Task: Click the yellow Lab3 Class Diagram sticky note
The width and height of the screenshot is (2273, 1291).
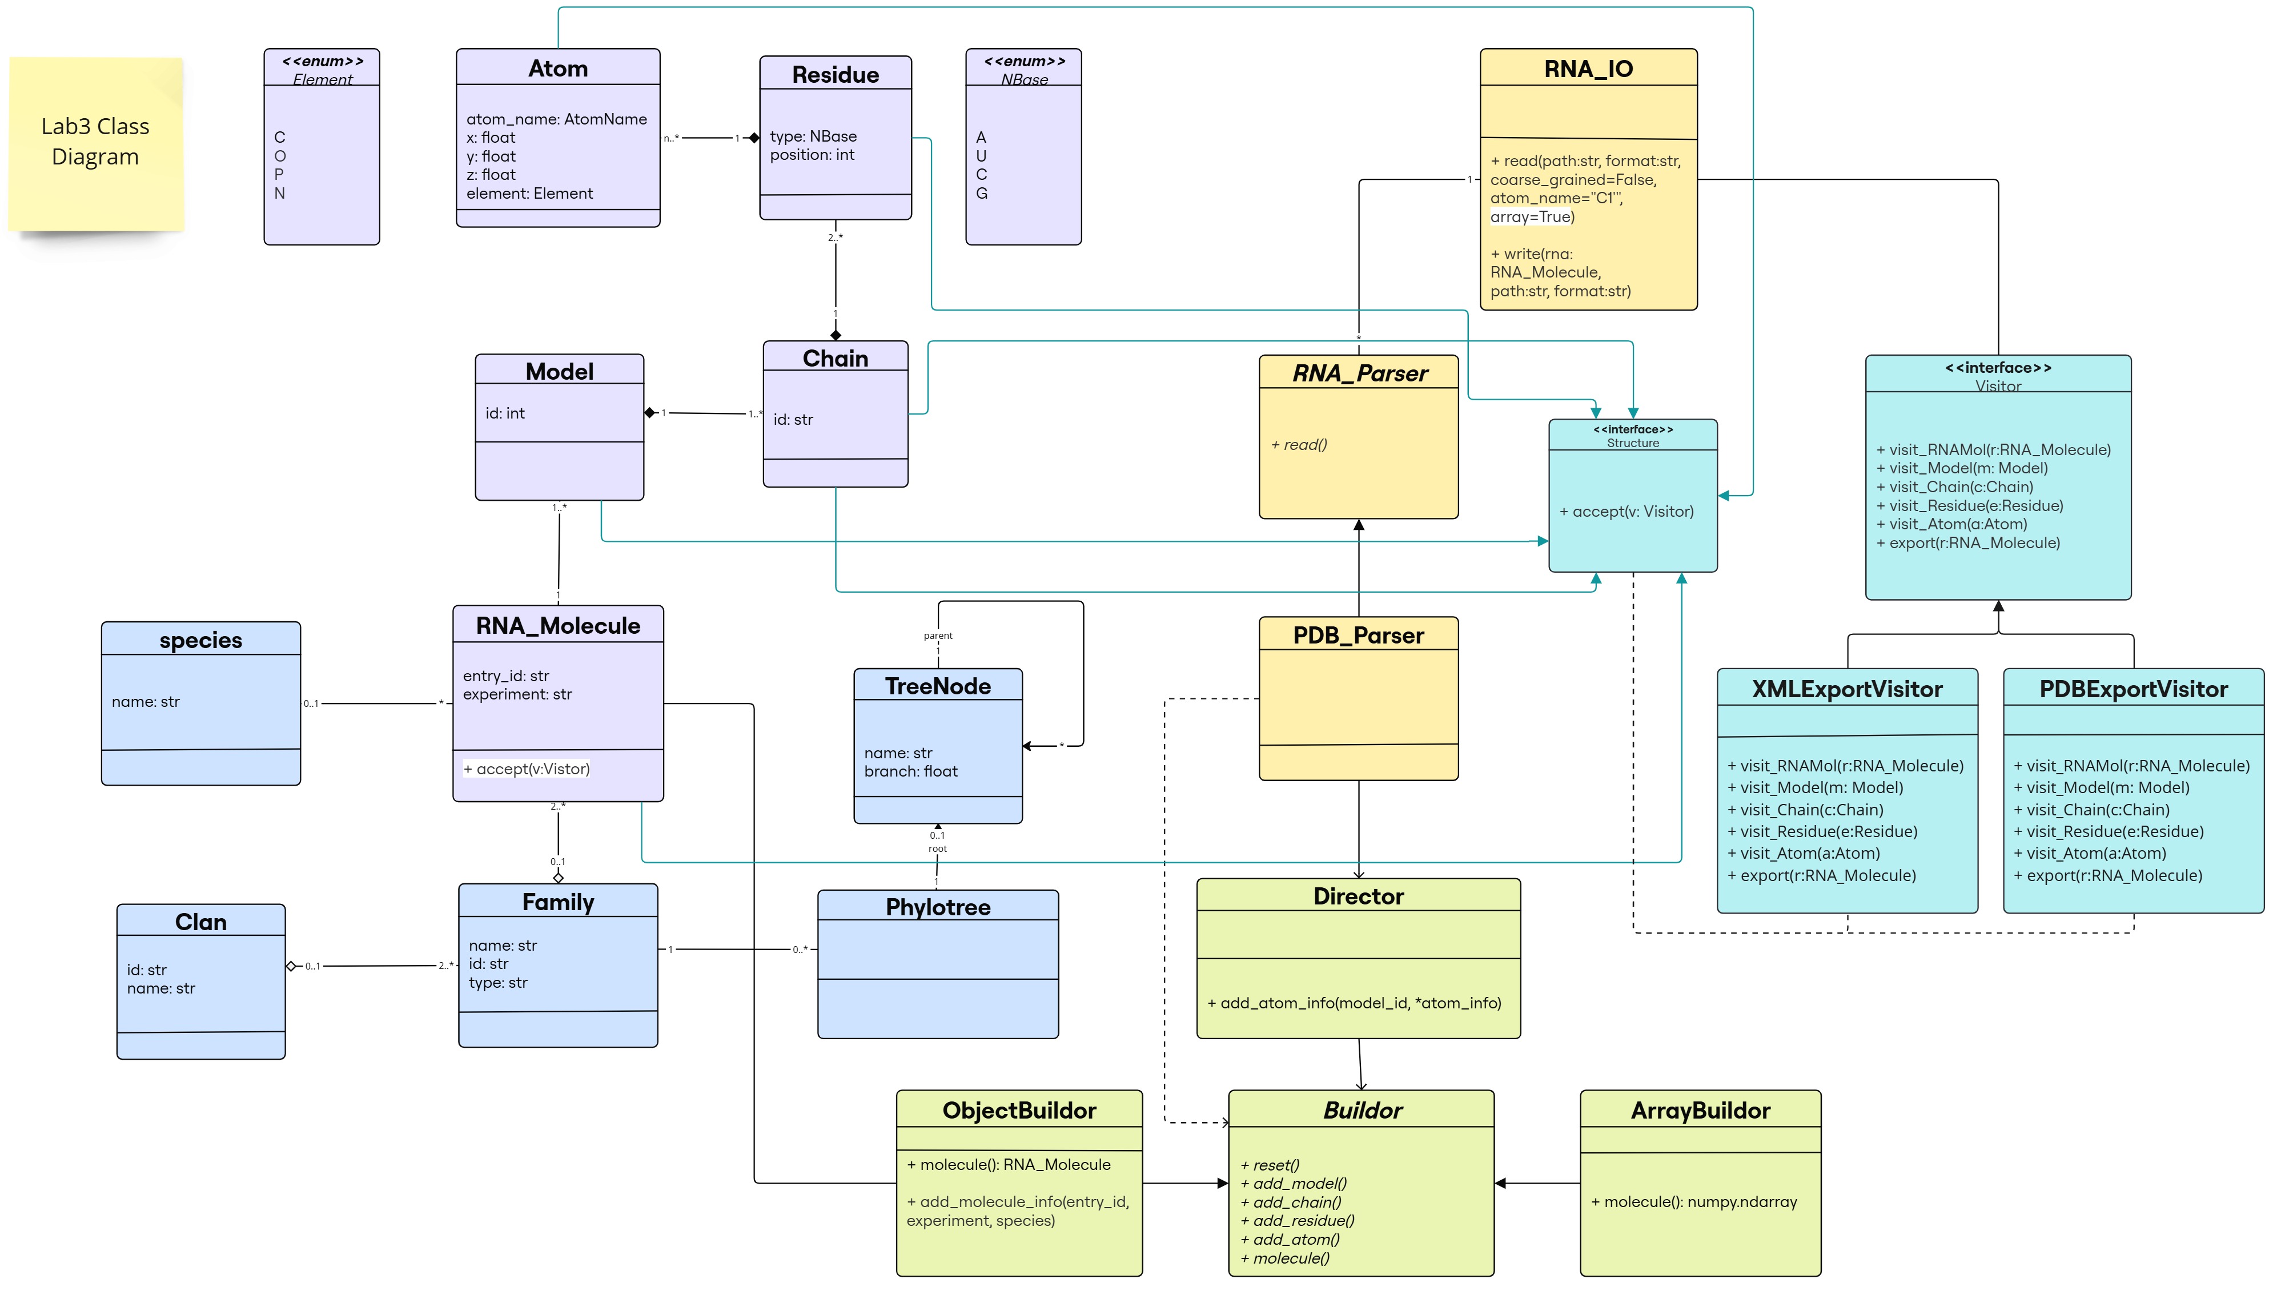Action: (x=96, y=142)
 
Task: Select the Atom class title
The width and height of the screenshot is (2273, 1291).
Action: (x=558, y=69)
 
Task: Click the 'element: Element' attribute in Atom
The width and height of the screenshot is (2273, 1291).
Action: (x=529, y=194)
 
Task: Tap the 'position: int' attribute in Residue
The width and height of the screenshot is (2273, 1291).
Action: (x=812, y=155)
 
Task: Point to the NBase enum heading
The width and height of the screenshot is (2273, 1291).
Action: (x=1025, y=79)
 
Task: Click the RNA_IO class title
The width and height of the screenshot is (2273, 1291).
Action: (x=1588, y=69)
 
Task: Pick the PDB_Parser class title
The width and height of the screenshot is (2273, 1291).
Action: (x=1358, y=635)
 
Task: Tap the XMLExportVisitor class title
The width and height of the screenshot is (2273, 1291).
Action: (x=1848, y=689)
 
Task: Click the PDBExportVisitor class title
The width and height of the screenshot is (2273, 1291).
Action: (x=2133, y=689)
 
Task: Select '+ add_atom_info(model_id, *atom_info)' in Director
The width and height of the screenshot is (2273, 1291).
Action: (x=1354, y=1003)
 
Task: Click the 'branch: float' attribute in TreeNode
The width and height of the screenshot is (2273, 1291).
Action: (x=911, y=771)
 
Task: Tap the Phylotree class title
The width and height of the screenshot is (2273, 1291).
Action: (x=937, y=907)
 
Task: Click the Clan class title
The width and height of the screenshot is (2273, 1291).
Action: (x=200, y=922)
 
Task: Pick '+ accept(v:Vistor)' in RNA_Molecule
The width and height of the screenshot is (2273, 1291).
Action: (x=527, y=769)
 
